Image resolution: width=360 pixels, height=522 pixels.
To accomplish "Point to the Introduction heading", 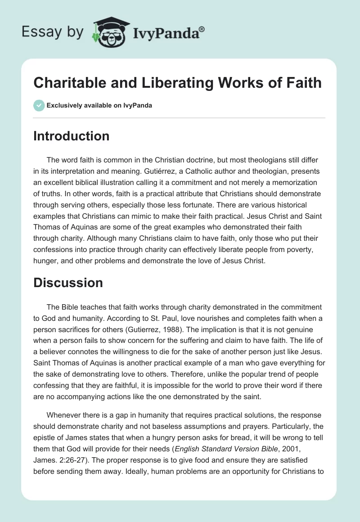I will (x=71, y=136).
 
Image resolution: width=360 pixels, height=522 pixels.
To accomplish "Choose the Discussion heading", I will (x=68, y=283).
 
